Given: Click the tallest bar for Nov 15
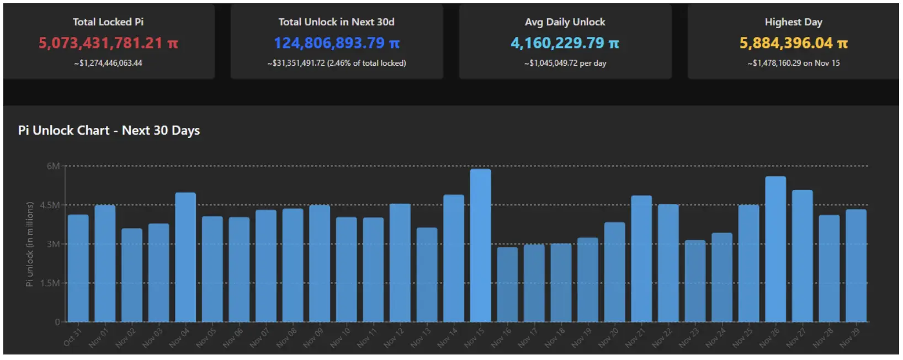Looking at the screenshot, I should click(x=480, y=246).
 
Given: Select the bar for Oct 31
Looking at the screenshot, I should click(x=78, y=268).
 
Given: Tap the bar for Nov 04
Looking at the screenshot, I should click(x=185, y=257).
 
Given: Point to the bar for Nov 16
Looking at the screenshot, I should click(x=507, y=284).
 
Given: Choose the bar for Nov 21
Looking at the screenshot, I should click(x=641, y=259).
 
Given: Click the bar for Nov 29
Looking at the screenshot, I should click(x=856, y=266).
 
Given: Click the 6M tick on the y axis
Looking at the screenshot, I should click(x=53, y=166).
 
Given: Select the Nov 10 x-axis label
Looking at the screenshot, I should click(x=340, y=337).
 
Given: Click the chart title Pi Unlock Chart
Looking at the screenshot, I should click(x=109, y=131).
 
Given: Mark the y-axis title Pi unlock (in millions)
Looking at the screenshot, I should click(x=30, y=243).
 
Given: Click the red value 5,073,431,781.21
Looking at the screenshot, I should click(x=108, y=43).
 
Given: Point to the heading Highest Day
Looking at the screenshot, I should click(x=793, y=22).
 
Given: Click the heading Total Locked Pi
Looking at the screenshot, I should click(x=108, y=22).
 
